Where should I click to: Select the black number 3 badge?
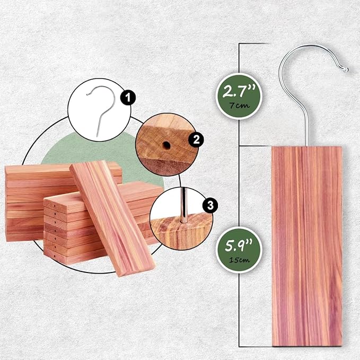(x=210, y=206)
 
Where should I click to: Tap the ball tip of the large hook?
(x=346, y=69)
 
